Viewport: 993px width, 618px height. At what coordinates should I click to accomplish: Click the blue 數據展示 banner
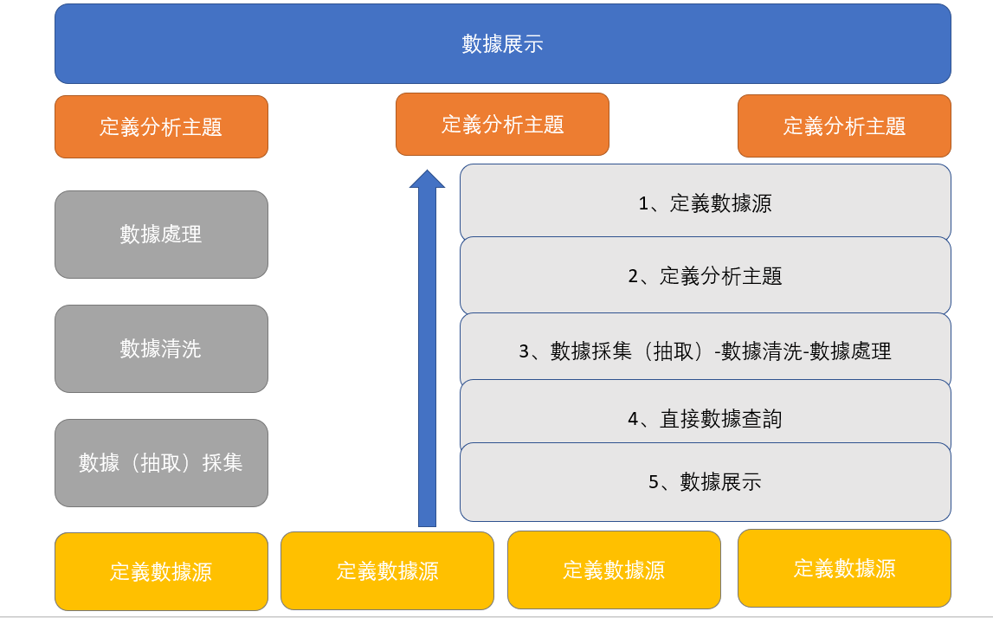coord(503,43)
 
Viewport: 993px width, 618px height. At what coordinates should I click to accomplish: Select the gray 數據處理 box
coord(162,235)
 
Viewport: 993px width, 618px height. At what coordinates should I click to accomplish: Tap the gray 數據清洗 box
coord(162,349)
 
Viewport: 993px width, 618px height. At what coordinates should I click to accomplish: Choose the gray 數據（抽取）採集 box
coord(162,463)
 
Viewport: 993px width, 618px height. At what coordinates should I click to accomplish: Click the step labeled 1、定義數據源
coord(706,203)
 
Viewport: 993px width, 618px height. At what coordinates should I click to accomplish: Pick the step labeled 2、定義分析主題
coord(706,276)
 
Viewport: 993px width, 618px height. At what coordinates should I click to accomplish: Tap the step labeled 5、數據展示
coord(706,482)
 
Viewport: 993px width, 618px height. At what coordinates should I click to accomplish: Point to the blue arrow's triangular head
coord(428,180)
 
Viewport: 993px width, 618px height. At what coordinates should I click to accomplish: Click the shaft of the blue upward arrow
coord(428,357)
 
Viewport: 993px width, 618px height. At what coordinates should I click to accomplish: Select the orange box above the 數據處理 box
coord(162,126)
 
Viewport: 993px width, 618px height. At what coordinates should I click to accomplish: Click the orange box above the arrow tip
coord(502,124)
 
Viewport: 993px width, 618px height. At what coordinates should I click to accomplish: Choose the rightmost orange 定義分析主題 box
coord(844,126)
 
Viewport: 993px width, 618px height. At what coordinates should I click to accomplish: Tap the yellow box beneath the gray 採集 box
coord(162,571)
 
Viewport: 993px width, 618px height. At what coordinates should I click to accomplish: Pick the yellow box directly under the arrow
coord(387,570)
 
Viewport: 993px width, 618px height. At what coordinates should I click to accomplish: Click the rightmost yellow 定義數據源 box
coord(844,568)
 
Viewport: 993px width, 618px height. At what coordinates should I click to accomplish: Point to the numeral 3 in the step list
coord(525,351)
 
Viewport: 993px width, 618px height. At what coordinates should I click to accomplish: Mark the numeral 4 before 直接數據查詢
coord(634,419)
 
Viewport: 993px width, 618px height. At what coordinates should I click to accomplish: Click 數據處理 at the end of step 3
coord(850,351)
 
